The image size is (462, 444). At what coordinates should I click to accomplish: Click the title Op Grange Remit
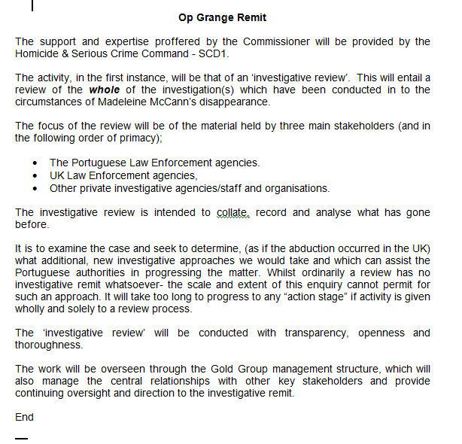222,17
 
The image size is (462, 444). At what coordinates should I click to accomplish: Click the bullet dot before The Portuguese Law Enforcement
36,163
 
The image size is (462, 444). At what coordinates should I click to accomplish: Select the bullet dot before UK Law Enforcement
36,175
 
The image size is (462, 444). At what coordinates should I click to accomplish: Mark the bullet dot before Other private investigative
36,187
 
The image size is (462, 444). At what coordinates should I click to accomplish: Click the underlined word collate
233,212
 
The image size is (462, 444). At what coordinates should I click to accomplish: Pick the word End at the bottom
24,417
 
